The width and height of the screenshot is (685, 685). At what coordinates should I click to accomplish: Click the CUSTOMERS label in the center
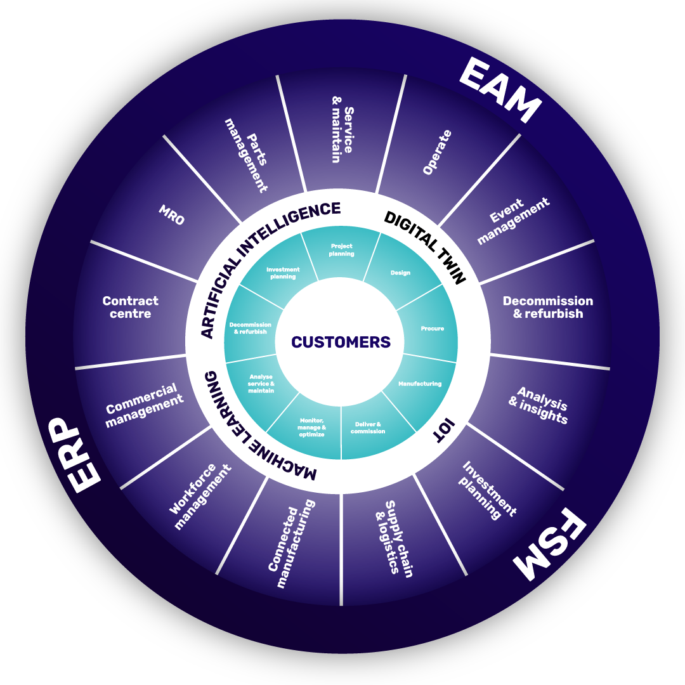click(x=341, y=342)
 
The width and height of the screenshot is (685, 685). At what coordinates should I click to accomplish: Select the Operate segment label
click(x=437, y=152)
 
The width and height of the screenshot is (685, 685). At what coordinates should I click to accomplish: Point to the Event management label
click(x=512, y=220)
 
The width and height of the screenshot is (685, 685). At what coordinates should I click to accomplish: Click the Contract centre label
click(x=130, y=307)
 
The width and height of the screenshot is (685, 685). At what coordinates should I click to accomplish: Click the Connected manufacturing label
click(x=290, y=544)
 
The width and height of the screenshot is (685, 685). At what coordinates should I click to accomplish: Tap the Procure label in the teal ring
click(x=432, y=329)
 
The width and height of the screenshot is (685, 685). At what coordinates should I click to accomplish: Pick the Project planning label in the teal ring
click(x=341, y=250)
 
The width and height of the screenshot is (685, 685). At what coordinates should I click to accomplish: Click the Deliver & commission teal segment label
click(x=368, y=427)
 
